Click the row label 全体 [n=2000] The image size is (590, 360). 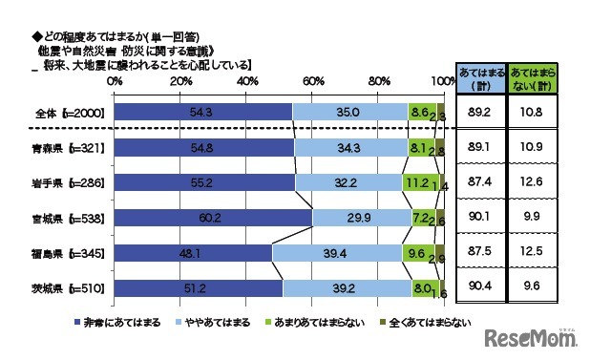[68, 113]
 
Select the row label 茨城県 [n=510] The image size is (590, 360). [68, 286]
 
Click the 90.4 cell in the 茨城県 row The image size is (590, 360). [479, 286]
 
